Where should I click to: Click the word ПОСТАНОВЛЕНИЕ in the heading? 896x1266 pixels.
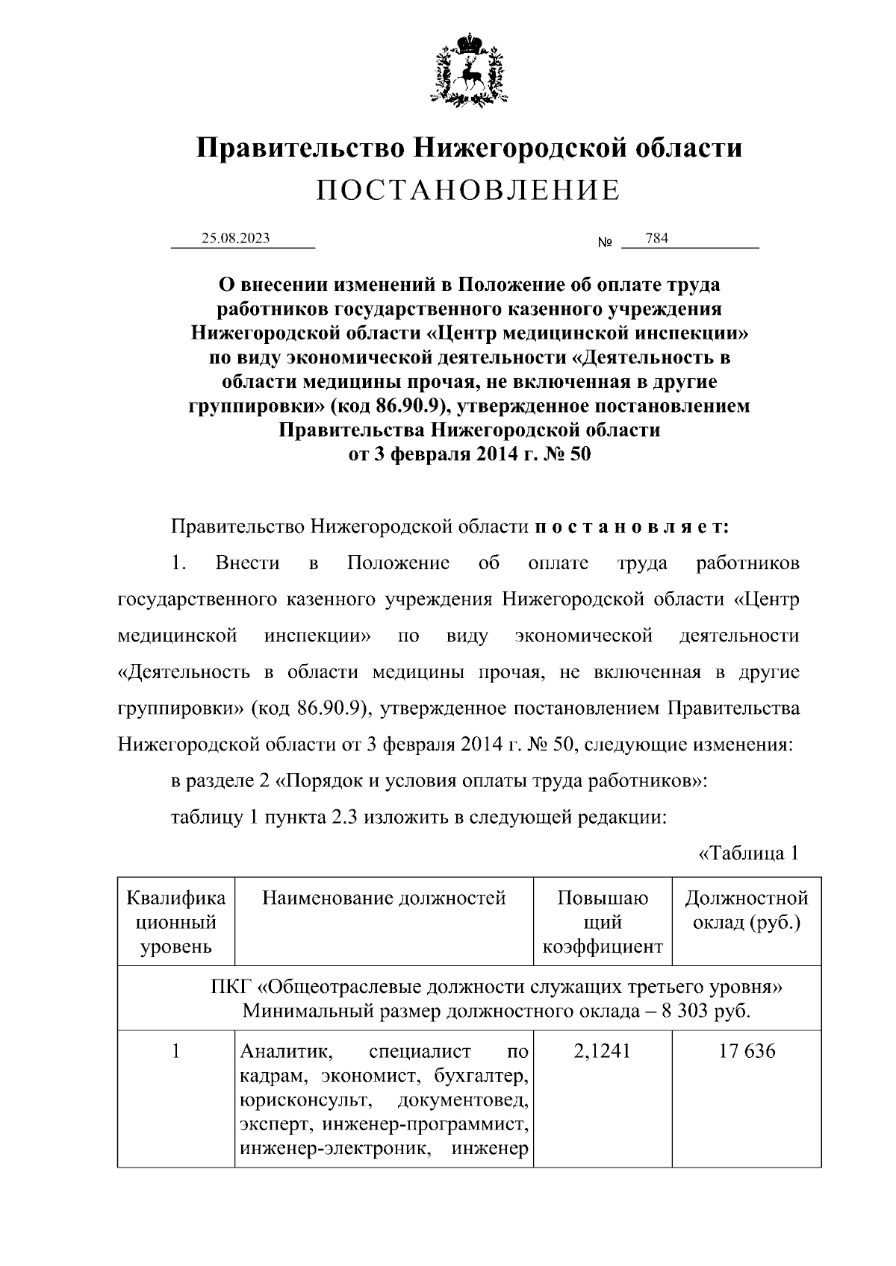(468, 191)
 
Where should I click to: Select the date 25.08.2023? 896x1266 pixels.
(235, 239)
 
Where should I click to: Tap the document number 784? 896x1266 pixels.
(656, 239)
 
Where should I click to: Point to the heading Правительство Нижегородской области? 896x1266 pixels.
(469, 147)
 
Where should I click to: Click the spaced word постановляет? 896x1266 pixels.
(632, 527)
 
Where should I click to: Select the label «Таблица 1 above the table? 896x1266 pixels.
(748, 853)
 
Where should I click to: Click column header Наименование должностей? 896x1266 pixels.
(384, 897)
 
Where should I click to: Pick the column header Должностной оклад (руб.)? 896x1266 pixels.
(747, 909)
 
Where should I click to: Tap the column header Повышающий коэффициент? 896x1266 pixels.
(603, 922)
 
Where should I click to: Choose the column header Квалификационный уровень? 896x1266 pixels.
(176, 922)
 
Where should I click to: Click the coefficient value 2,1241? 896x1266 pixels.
(603, 1051)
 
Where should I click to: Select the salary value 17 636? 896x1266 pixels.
(747, 1051)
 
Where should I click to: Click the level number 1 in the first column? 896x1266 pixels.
(176, 1051)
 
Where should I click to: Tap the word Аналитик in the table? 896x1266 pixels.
(284, 1051)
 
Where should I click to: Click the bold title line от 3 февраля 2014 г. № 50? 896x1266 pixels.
(469, 454)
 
